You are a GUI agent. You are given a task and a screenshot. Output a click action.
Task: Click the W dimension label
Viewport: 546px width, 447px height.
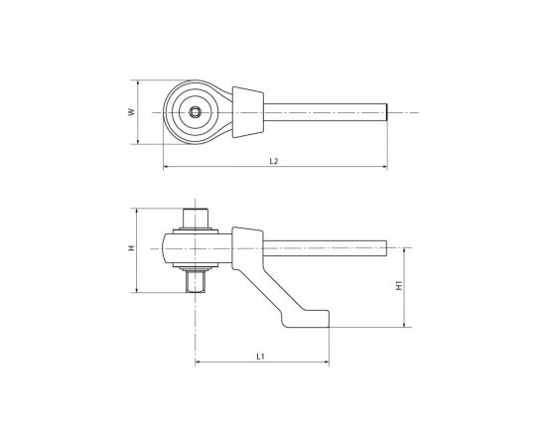[x=131, y=113]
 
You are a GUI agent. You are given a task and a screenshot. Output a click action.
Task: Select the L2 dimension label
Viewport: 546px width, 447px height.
[x=272, y=160]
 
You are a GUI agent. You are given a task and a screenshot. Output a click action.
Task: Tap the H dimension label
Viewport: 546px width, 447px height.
[x=131, y=249]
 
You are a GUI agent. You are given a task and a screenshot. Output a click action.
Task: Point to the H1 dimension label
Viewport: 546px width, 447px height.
[x=398, y=284]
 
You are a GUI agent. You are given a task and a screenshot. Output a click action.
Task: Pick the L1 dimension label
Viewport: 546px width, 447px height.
[x=260, y=355]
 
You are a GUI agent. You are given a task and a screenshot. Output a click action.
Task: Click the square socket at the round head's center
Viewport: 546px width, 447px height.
[x=197, y=113]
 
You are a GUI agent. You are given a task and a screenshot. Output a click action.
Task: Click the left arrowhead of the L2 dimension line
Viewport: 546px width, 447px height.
[x=166, y=165]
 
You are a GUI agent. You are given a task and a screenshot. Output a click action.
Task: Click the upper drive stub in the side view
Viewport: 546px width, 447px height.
[x=197, y=218]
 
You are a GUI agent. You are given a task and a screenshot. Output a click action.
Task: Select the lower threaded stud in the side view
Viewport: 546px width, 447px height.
[x=197, y=282]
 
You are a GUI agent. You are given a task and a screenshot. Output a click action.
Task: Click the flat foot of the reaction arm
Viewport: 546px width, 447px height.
[x=308, y=319]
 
